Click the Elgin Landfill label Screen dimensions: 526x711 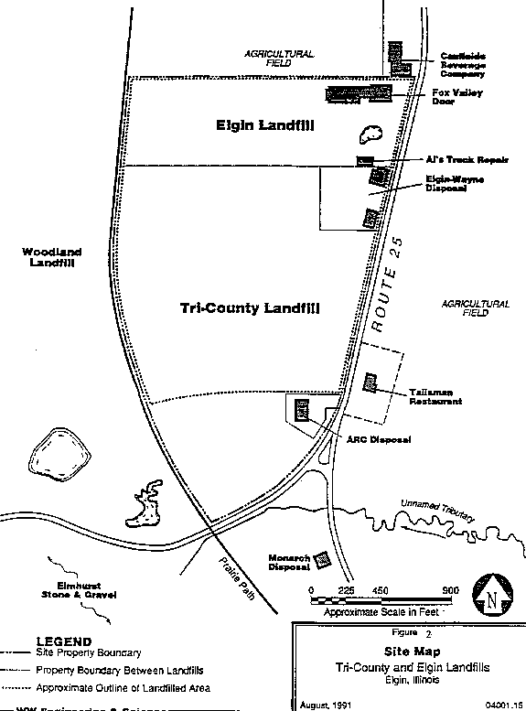264,126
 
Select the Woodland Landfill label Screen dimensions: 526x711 52,257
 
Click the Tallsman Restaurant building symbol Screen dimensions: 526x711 370,381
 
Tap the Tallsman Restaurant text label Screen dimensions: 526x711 435,396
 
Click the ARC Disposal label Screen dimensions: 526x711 378,440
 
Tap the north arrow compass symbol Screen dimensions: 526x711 493,600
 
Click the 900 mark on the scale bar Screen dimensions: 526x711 450,590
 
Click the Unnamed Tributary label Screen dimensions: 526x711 436,510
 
